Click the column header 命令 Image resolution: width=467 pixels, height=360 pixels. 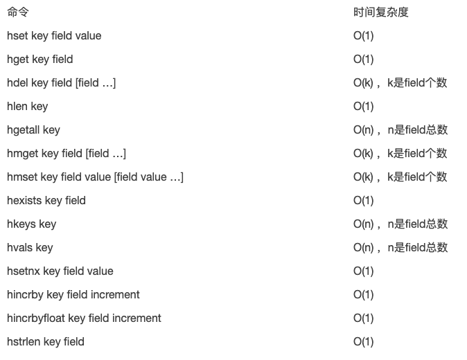point(18,12)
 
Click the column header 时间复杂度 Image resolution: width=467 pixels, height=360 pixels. point(381,12)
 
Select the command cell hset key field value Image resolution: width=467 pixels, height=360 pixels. point(54,36)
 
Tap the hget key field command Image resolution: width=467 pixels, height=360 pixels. point(39,60)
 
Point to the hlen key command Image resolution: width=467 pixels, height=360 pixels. point(27,107)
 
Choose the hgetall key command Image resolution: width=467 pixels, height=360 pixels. point(33,130)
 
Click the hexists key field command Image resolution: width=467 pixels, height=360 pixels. point(46,201)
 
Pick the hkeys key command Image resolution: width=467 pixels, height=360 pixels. point(31,224)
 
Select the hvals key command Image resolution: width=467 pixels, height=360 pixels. point(30,248)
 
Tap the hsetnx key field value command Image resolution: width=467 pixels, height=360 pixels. point(60,271)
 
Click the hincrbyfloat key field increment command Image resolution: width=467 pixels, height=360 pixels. point(84,318)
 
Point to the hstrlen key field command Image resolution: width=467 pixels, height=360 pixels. point(46,342)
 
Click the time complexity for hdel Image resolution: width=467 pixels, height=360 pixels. point(400,83)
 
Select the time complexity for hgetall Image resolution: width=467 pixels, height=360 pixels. point(400,130)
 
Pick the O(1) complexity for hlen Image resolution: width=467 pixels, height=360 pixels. point(363,107)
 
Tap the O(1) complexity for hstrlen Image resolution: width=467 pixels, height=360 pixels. point(363,342)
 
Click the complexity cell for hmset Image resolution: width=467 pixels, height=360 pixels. point(400,177)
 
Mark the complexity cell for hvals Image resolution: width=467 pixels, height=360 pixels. point(400,248)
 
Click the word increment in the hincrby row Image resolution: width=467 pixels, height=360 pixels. point(116,295)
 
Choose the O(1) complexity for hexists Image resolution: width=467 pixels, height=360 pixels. point(363,201)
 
